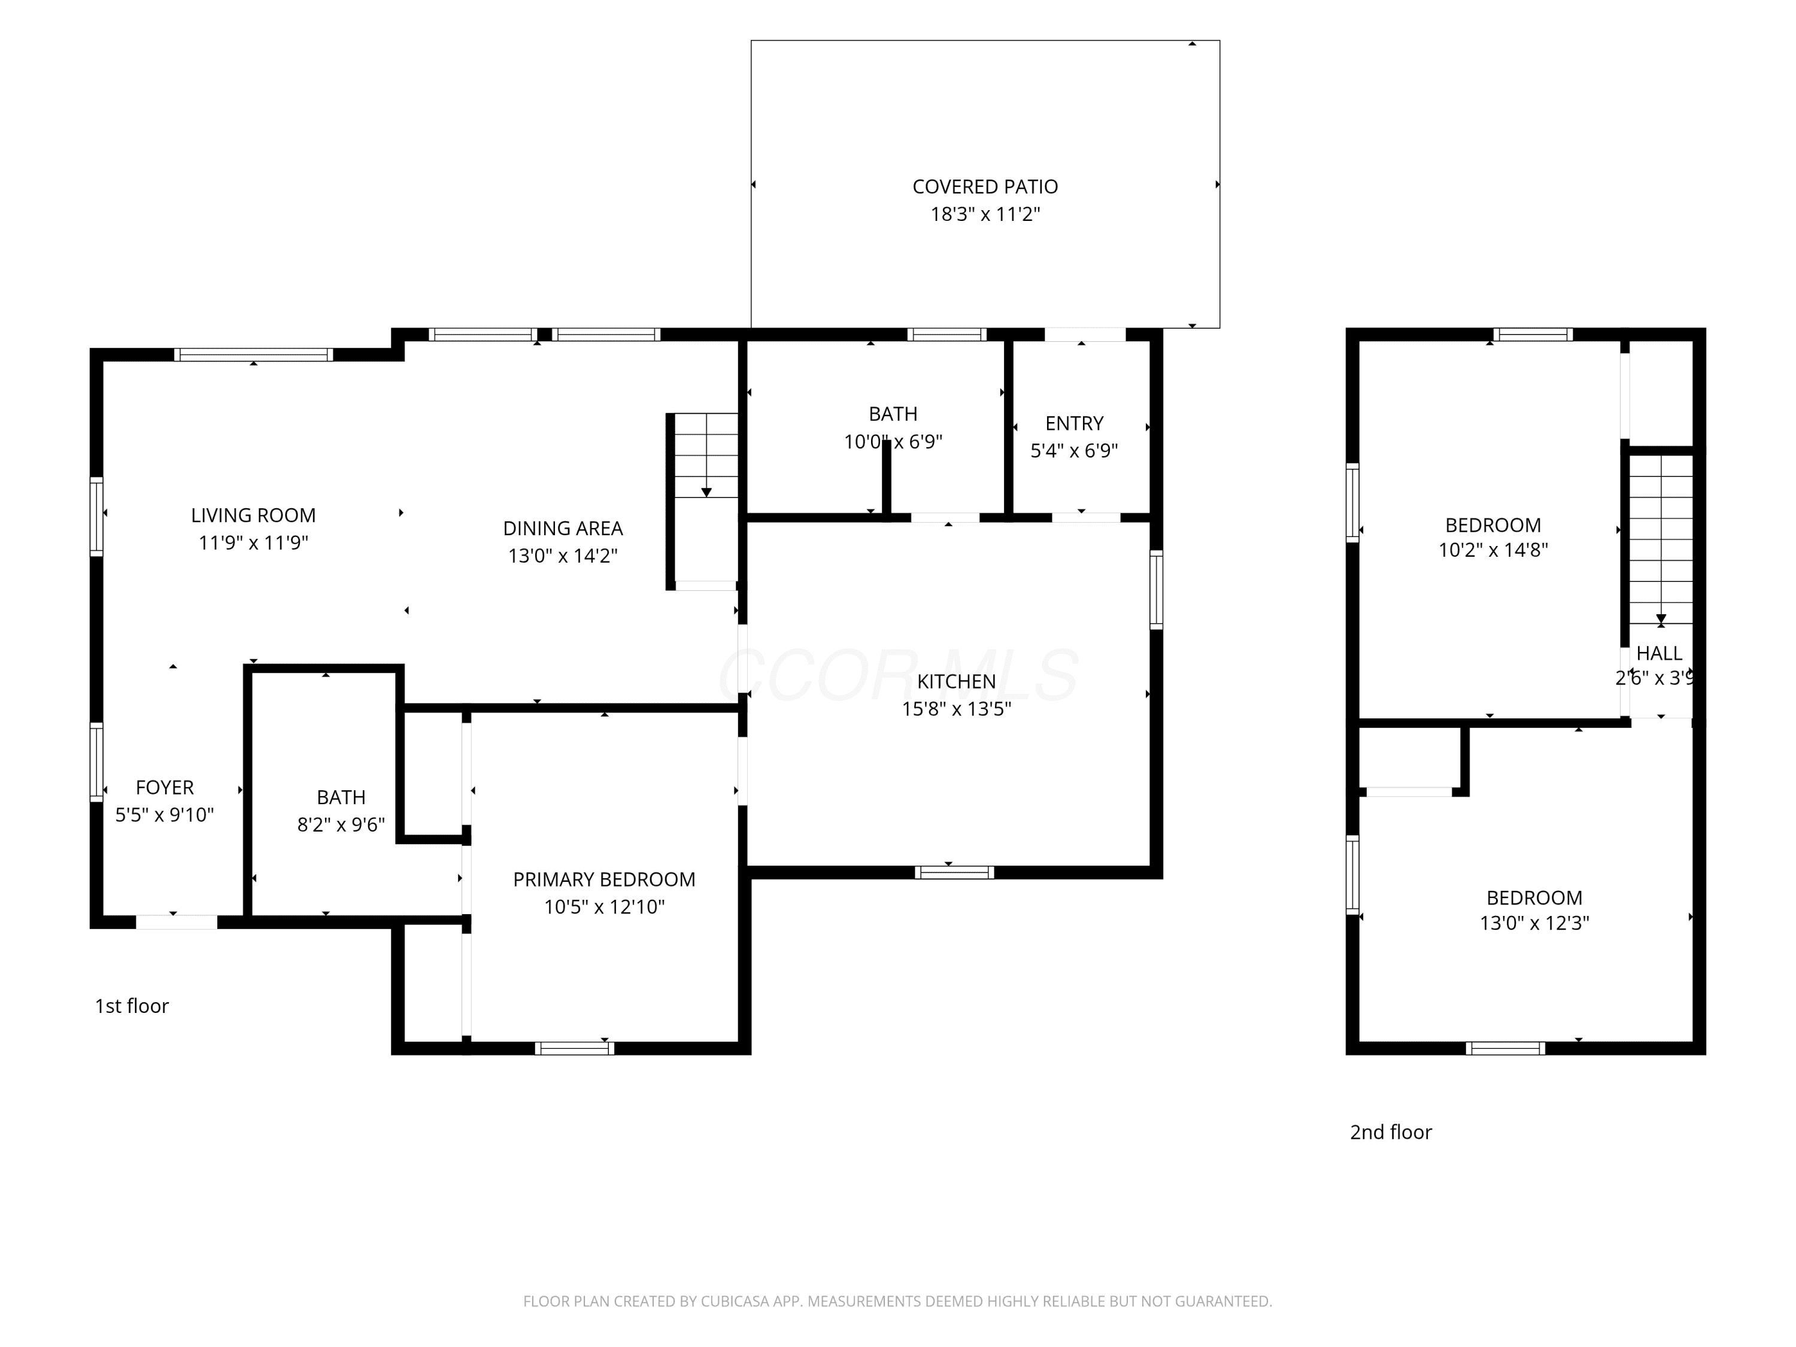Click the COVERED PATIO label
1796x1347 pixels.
coord(985,187)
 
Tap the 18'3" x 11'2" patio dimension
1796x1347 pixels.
coord(985,214)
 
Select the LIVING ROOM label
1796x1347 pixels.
coord(253,515)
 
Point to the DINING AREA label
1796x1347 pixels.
coord(563,529)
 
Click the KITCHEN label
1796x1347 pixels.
coord(957,681)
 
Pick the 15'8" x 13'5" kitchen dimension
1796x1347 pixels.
coord(957,709)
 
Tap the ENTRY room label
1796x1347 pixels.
coord(1074,423)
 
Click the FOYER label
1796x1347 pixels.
coord(165,788)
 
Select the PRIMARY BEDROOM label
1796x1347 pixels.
coord(604,879)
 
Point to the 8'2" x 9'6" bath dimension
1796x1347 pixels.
coord(341,825)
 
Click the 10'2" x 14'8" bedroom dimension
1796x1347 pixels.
coord(1493,550)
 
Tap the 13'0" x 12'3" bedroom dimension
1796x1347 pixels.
coord(1534,923)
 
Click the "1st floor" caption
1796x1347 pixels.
coord(132,1006)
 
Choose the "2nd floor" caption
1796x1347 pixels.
coord(1391,1132)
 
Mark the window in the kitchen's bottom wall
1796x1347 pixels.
coord(955,873)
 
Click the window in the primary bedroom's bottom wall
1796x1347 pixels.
coord(575,1048)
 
